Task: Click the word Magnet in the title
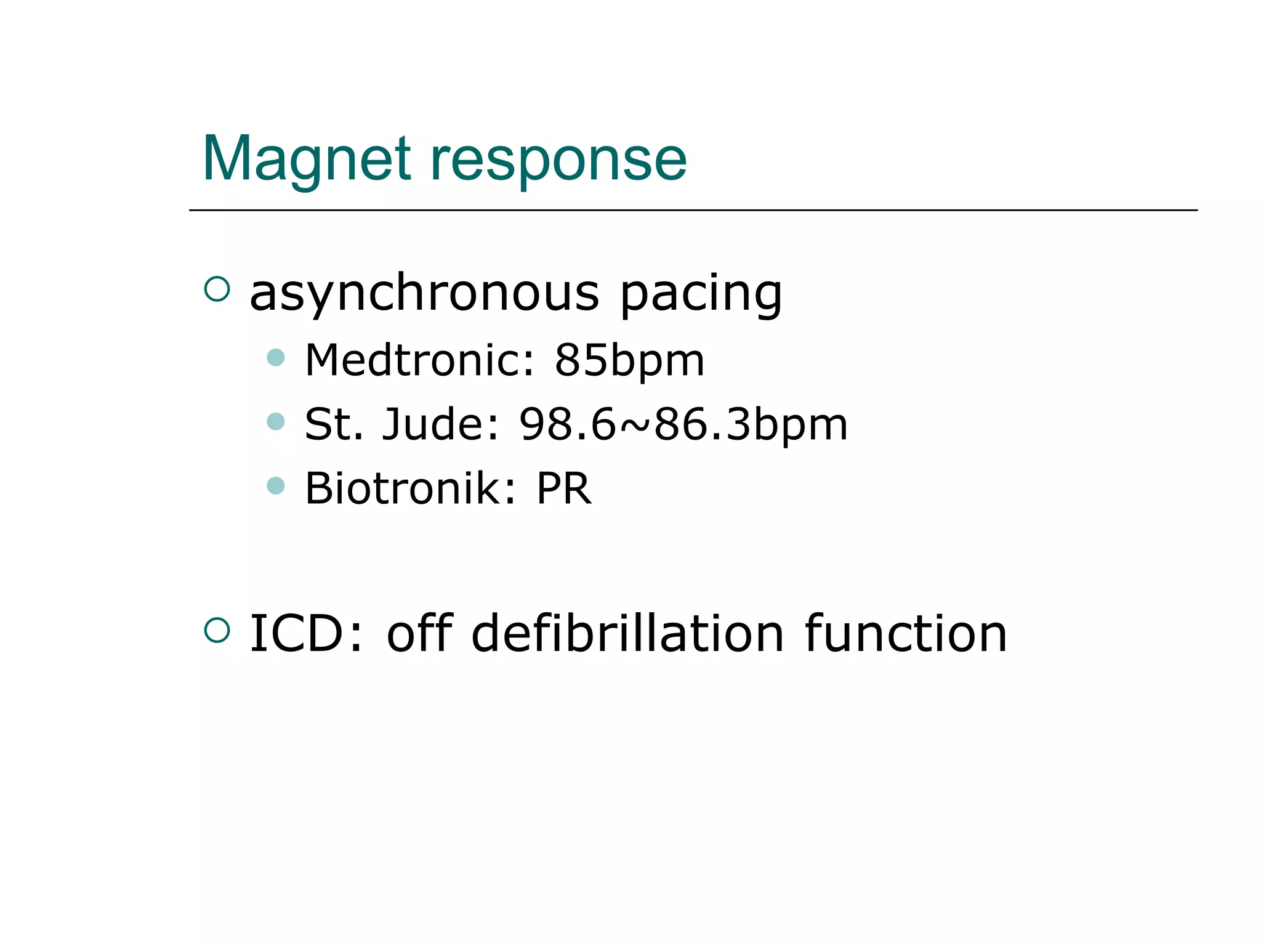(x=307, y=160)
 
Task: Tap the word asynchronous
(x=424, y=293)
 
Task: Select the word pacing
(x=701, y=294)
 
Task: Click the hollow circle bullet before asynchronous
(x=217, y=289)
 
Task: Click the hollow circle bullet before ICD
(x=217, y=630)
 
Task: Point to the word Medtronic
(x=419, y=360)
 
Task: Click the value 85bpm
(x=629, y=362)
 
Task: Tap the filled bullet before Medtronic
(x=276, y=357)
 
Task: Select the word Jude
(x=441, y=425)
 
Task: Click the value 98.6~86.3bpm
(x=683, y=425)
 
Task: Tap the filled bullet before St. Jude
(x=276, y=422)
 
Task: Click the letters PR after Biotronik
(x=564, y=489)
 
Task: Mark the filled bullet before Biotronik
(x=276, y=486)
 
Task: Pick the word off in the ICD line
(x=419, y=634)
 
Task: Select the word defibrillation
(x=627, y=634)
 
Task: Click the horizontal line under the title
(x=693, y=210)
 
